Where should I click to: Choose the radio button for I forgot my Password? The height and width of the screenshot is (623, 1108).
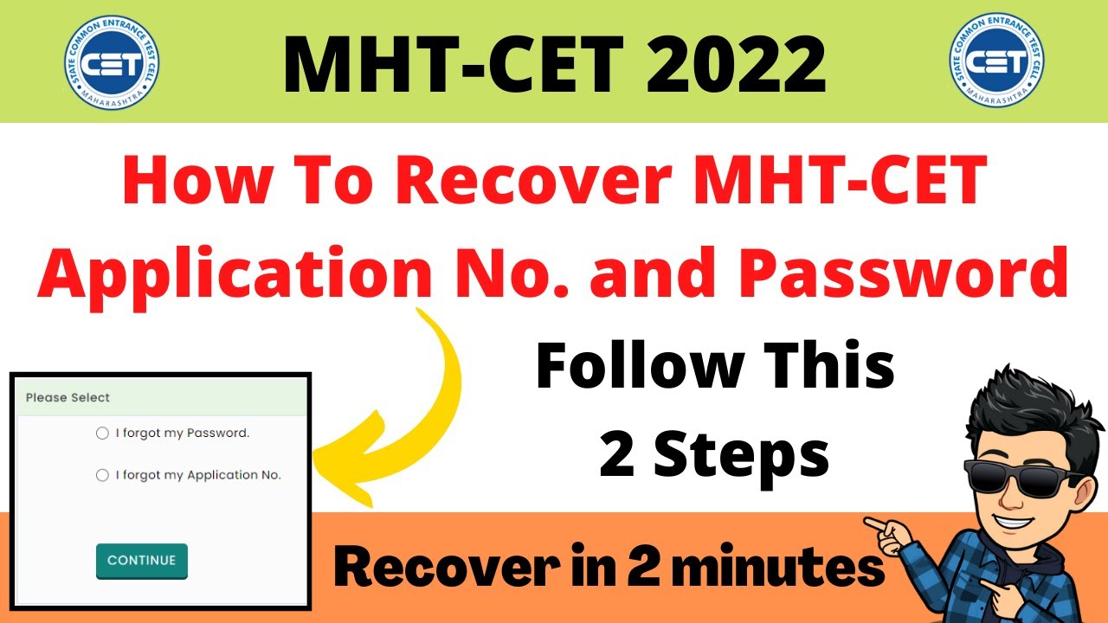[x=102, y=433]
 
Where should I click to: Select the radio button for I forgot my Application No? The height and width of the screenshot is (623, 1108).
[x=102, y=475]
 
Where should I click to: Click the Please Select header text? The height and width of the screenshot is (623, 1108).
[x=68, y=397]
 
